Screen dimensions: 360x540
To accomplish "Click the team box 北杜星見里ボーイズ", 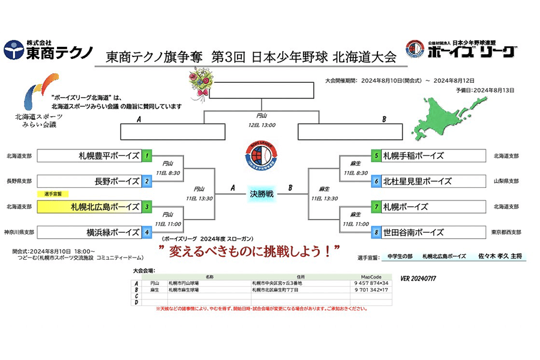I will (432, 181).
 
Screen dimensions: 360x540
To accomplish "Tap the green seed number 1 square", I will (147, 156).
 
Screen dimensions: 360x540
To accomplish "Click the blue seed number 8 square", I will (376, 232).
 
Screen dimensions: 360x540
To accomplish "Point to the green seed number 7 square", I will (376, 207).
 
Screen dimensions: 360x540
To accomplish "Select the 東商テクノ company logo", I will (48, 50).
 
